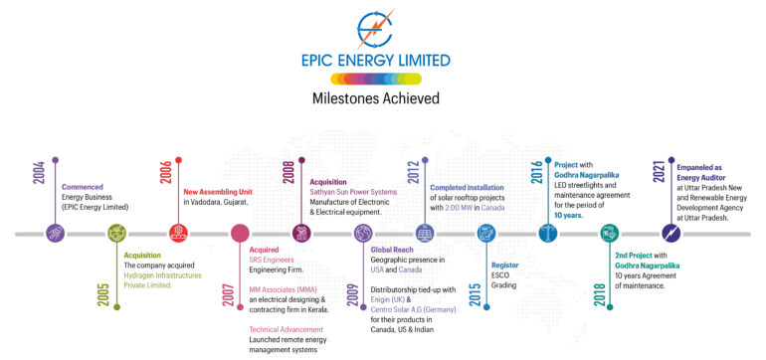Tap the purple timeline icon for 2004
point(56,235)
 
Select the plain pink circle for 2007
point(240,235)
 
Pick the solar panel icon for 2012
point(425,235)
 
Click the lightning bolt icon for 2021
point(670,235)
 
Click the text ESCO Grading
point(506,277)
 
